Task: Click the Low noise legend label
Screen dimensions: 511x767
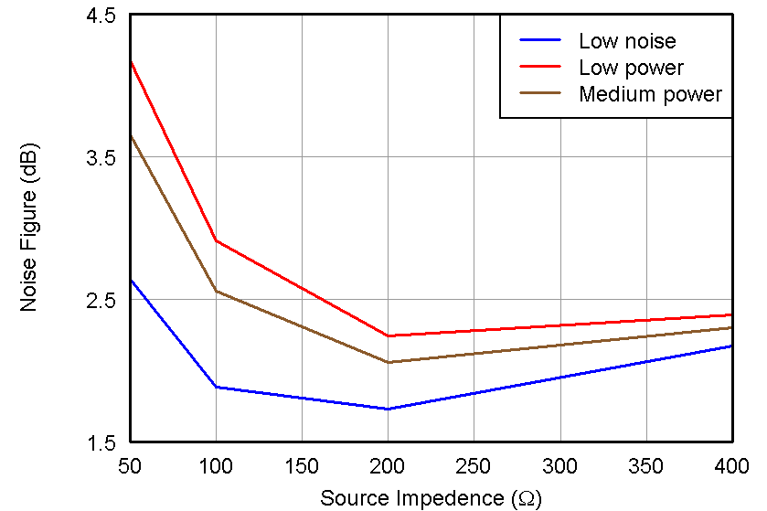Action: click(x=627, y=41)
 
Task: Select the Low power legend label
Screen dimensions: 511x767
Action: click(x=631, y=68)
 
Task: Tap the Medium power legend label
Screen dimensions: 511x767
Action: click(x=650, y=94)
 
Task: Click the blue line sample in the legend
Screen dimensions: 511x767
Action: click(x=540, y=41)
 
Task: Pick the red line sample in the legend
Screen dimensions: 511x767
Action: click(x=540, y=68)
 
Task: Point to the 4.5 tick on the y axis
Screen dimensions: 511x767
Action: click(x=102, y=16)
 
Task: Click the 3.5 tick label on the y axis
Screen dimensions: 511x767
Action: click(x=102, y=158)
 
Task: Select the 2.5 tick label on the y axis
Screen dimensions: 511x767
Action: click(x=102, y=301)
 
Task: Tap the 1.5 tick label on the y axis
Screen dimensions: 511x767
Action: click(x=102, y=443)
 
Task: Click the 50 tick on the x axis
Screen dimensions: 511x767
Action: click(x=130, y=465)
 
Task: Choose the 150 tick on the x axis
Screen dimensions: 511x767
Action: click(x=302, y=465)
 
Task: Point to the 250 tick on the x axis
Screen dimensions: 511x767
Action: click(x=474, y=465)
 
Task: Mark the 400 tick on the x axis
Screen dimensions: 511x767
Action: click(x=731, y=465)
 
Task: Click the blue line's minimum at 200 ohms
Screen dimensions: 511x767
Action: click(x=388, y=409)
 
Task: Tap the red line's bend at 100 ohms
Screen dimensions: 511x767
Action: click(x=216, y=240)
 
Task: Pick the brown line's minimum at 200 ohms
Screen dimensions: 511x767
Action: click(x=388, y=362)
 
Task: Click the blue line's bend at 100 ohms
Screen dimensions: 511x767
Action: click(x=216, y=387)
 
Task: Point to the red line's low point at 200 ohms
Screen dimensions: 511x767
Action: click(x=388, y=335)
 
